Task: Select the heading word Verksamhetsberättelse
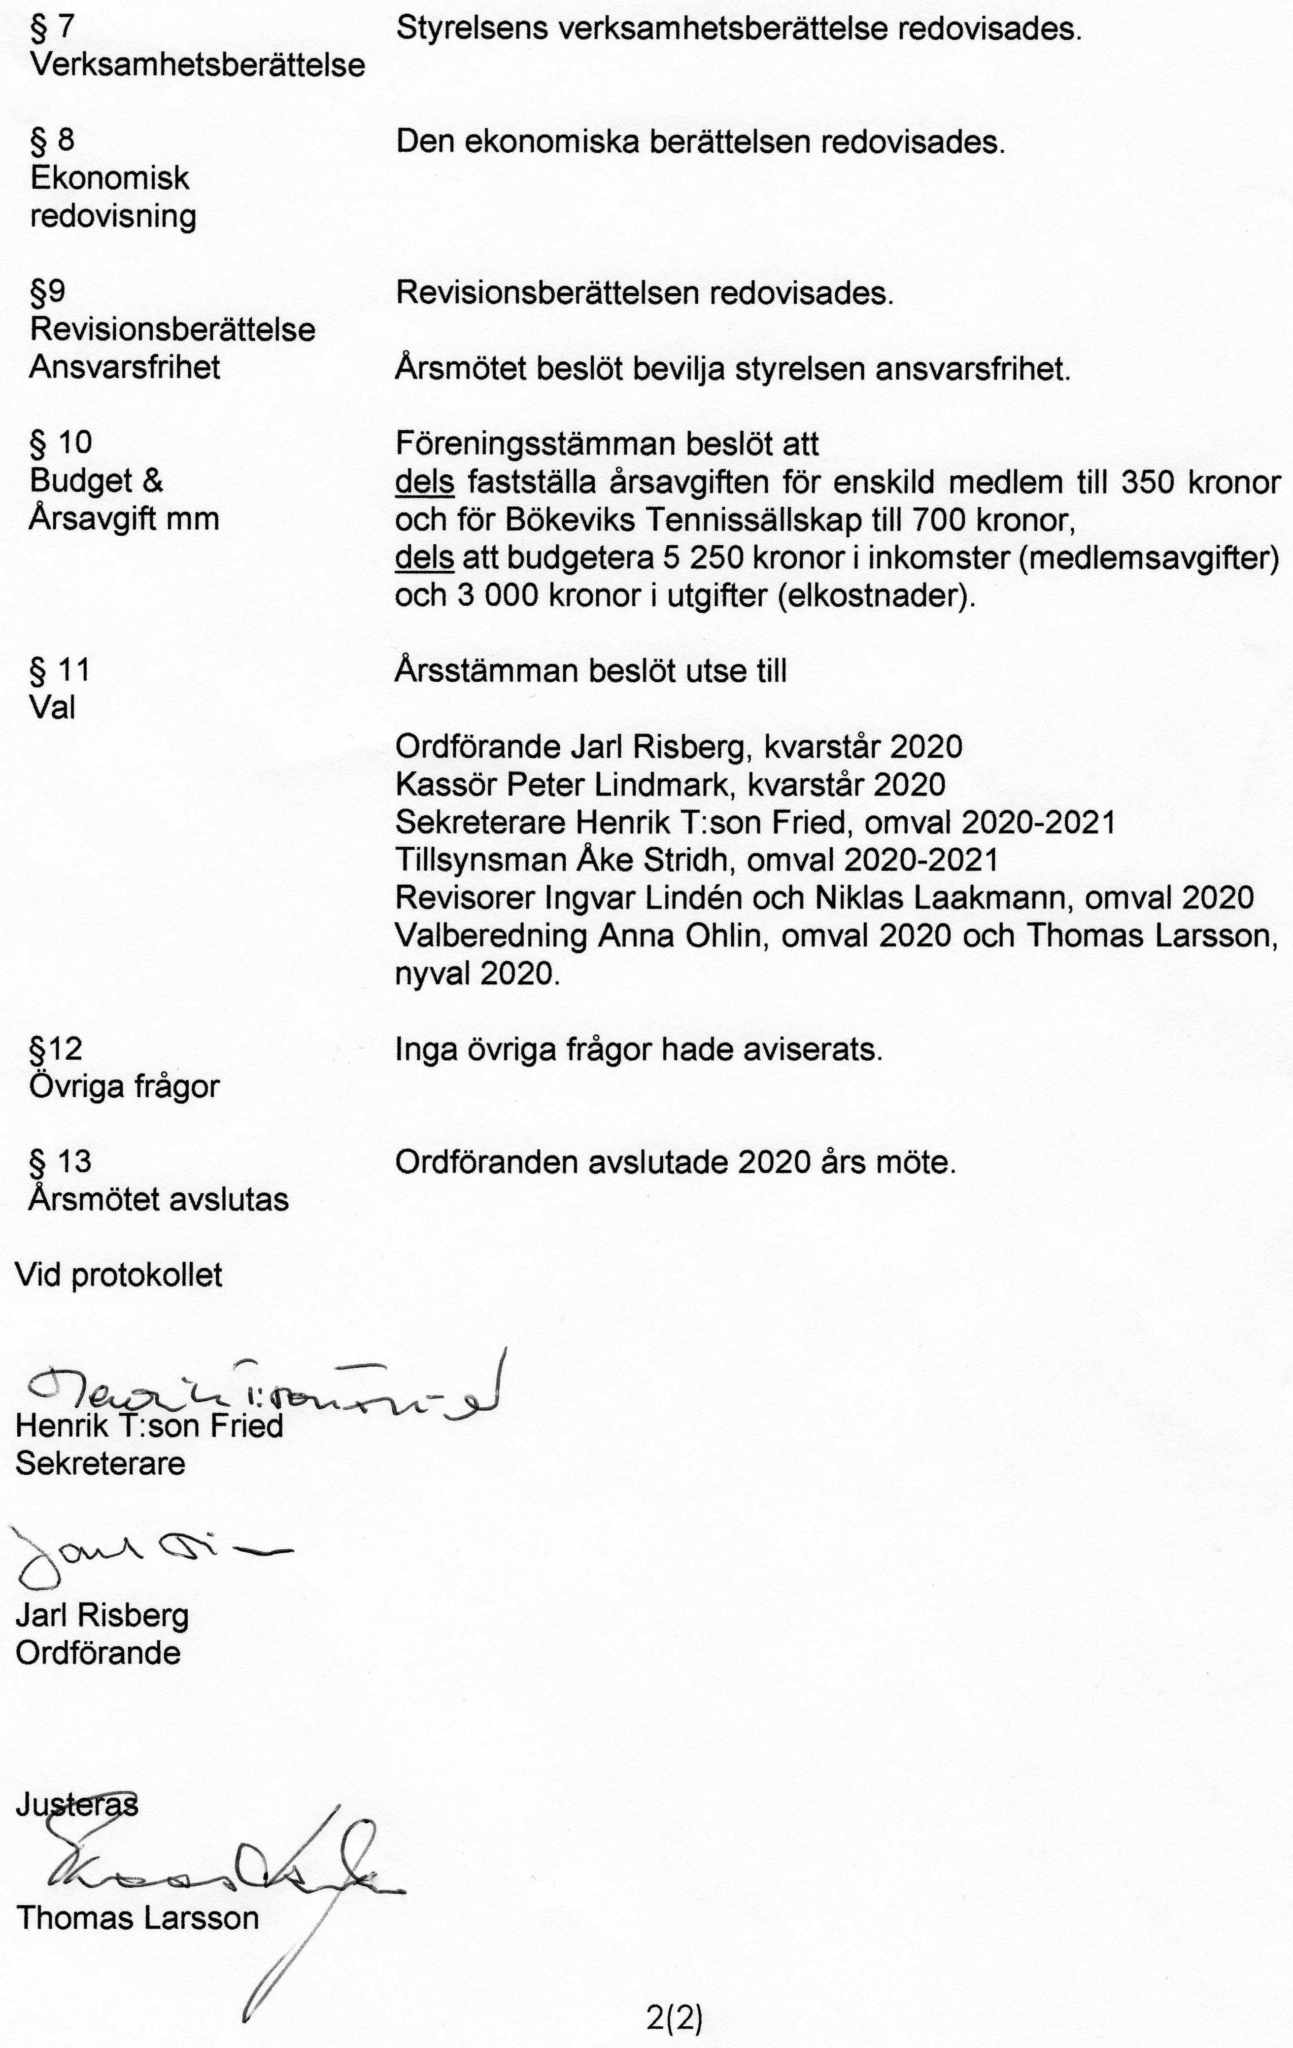pyautogui.click(x=197, y=66)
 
